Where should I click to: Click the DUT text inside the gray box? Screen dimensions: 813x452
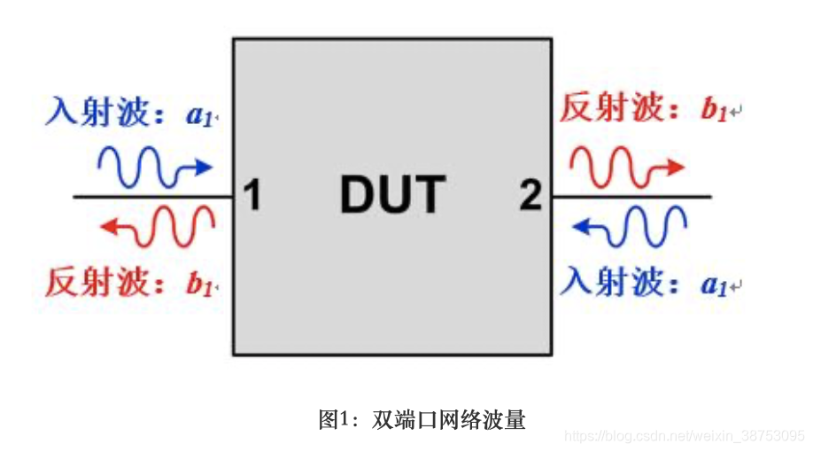pos(392,195)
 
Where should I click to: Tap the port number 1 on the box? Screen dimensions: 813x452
pos(252,196)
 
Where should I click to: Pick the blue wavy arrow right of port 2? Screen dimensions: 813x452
pos(630,226)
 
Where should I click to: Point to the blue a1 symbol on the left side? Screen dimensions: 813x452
pos(196,114)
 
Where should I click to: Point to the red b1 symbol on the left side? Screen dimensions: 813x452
pos(196,284)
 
